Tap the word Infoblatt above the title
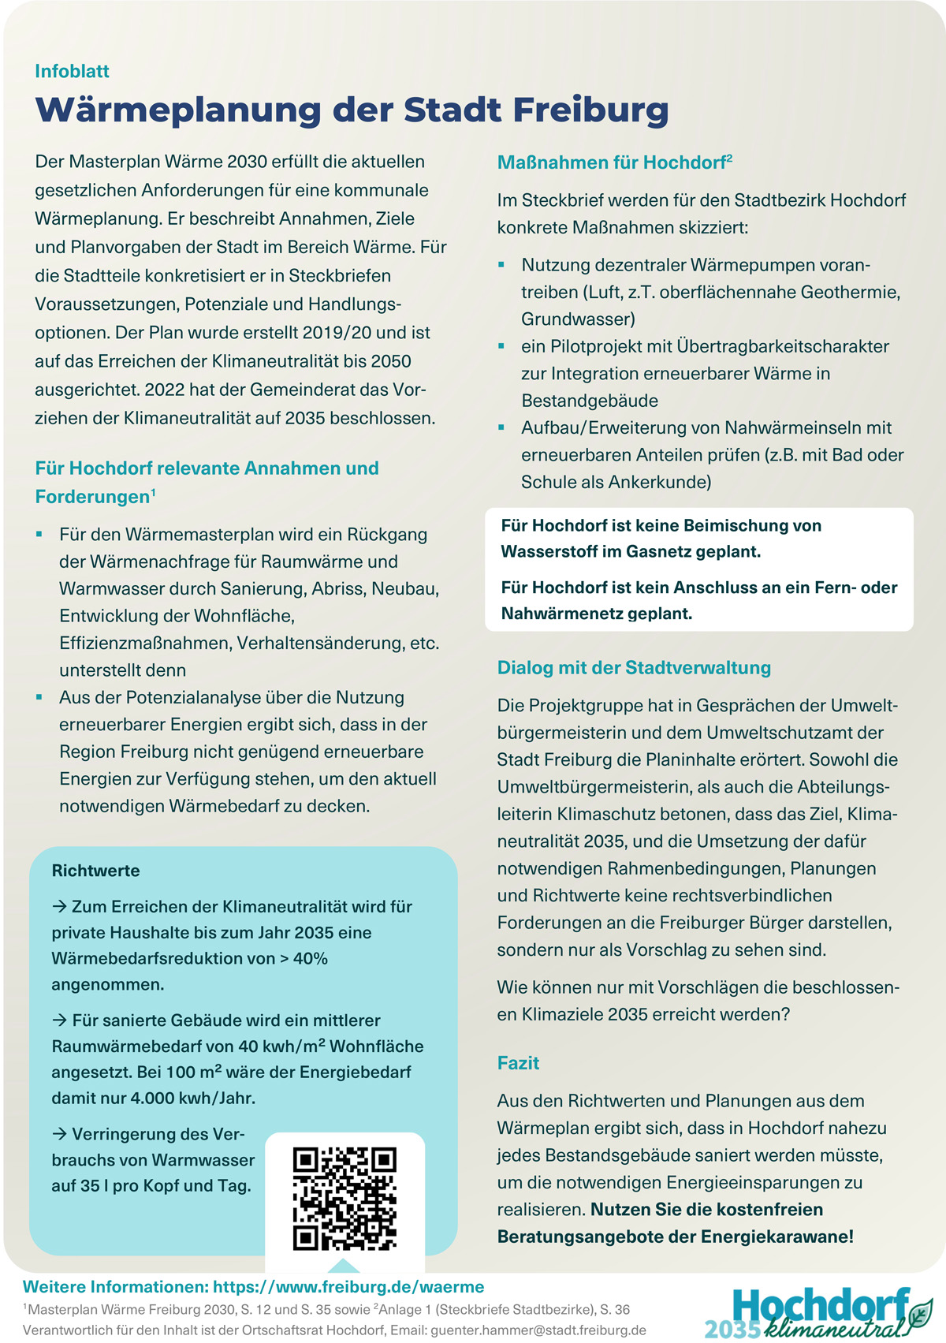tap(72, 71)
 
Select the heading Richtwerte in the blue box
tap(95, 871)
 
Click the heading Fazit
tap(518, 1063)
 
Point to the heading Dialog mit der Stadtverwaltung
tap(634, 668)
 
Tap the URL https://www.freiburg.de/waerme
tap(348, 1287)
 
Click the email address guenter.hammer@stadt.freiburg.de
tap(538, 1330)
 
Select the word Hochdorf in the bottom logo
tap(820, 1305)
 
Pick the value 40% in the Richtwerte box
tap(310, 958)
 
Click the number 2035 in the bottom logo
tap(732, 1328)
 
